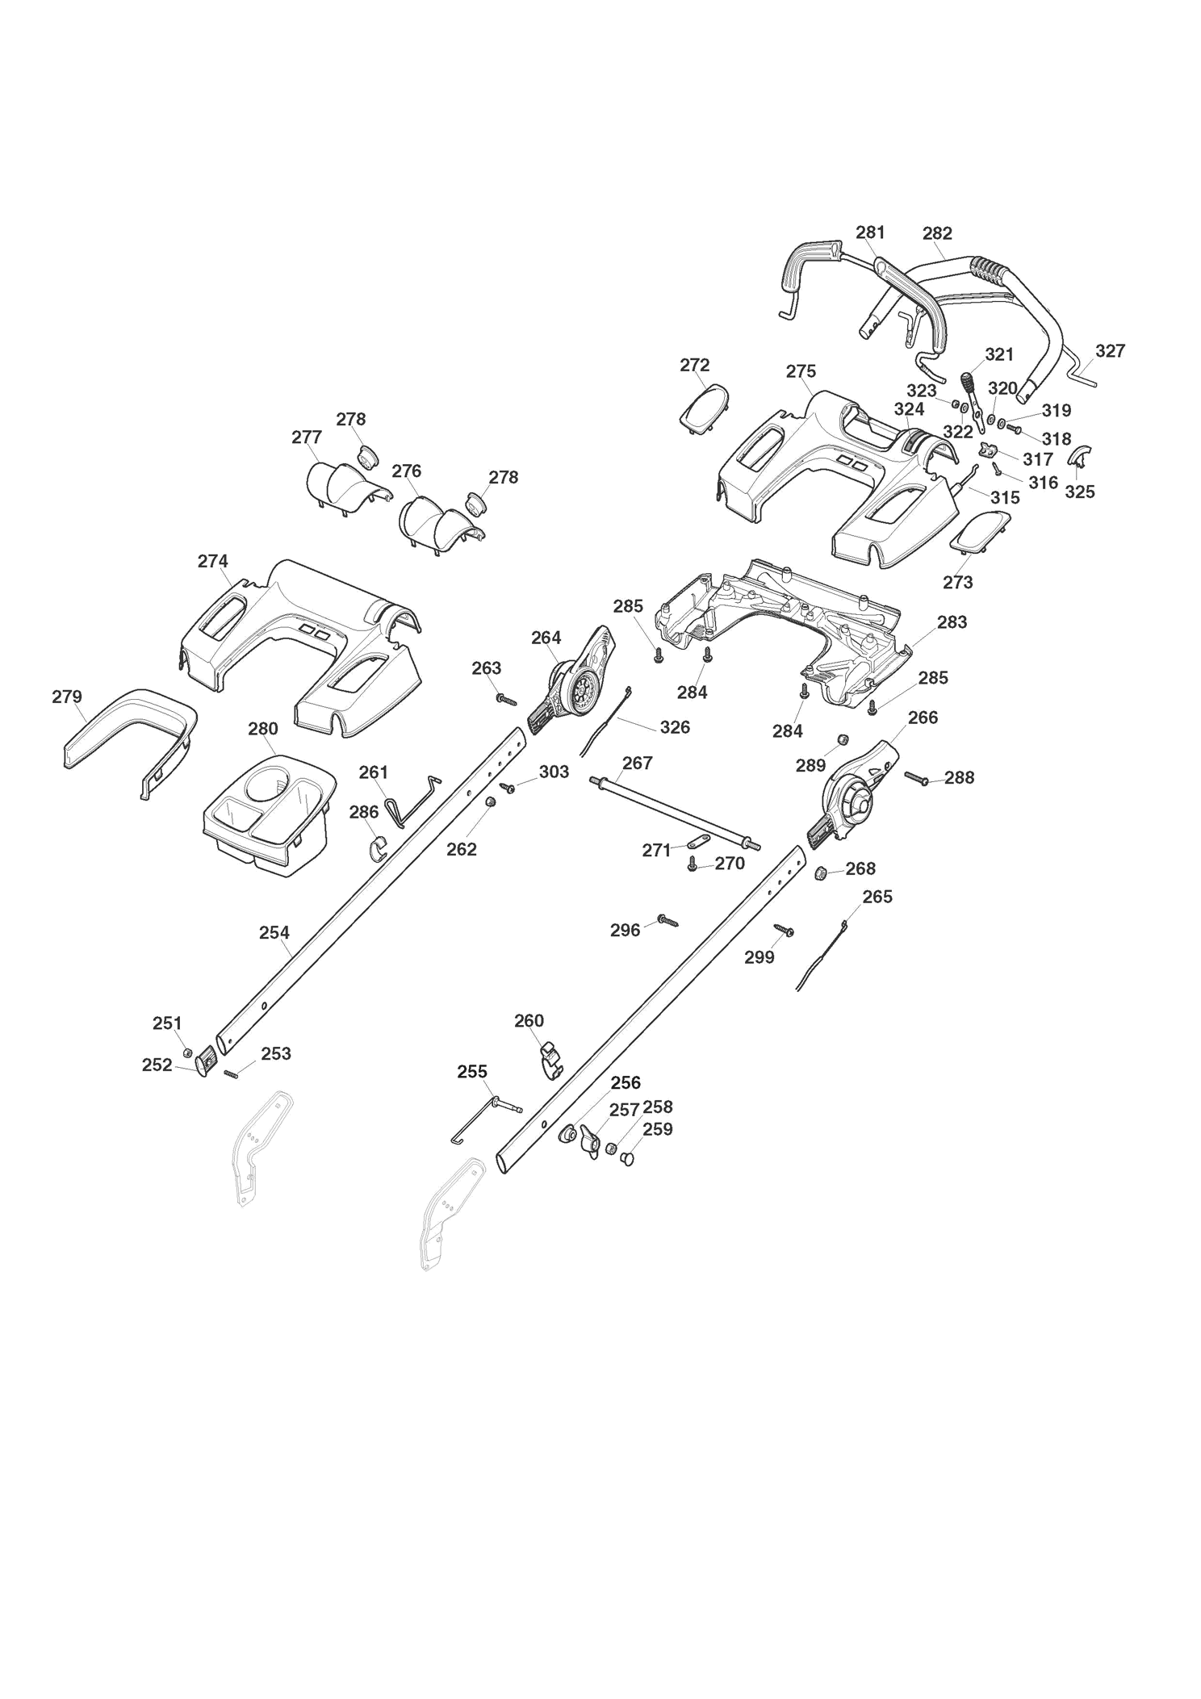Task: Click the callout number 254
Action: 274,932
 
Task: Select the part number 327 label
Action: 1110,351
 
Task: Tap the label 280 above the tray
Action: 263,729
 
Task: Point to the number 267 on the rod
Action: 638,763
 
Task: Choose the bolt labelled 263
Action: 507,699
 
